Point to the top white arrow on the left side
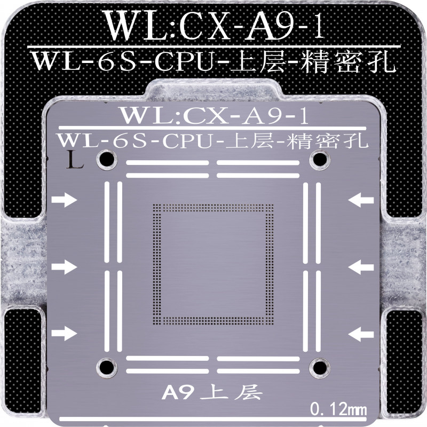(65, 200)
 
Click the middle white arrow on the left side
(65, 266)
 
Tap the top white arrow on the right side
(361, 200)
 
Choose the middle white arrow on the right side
(361, 266)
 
